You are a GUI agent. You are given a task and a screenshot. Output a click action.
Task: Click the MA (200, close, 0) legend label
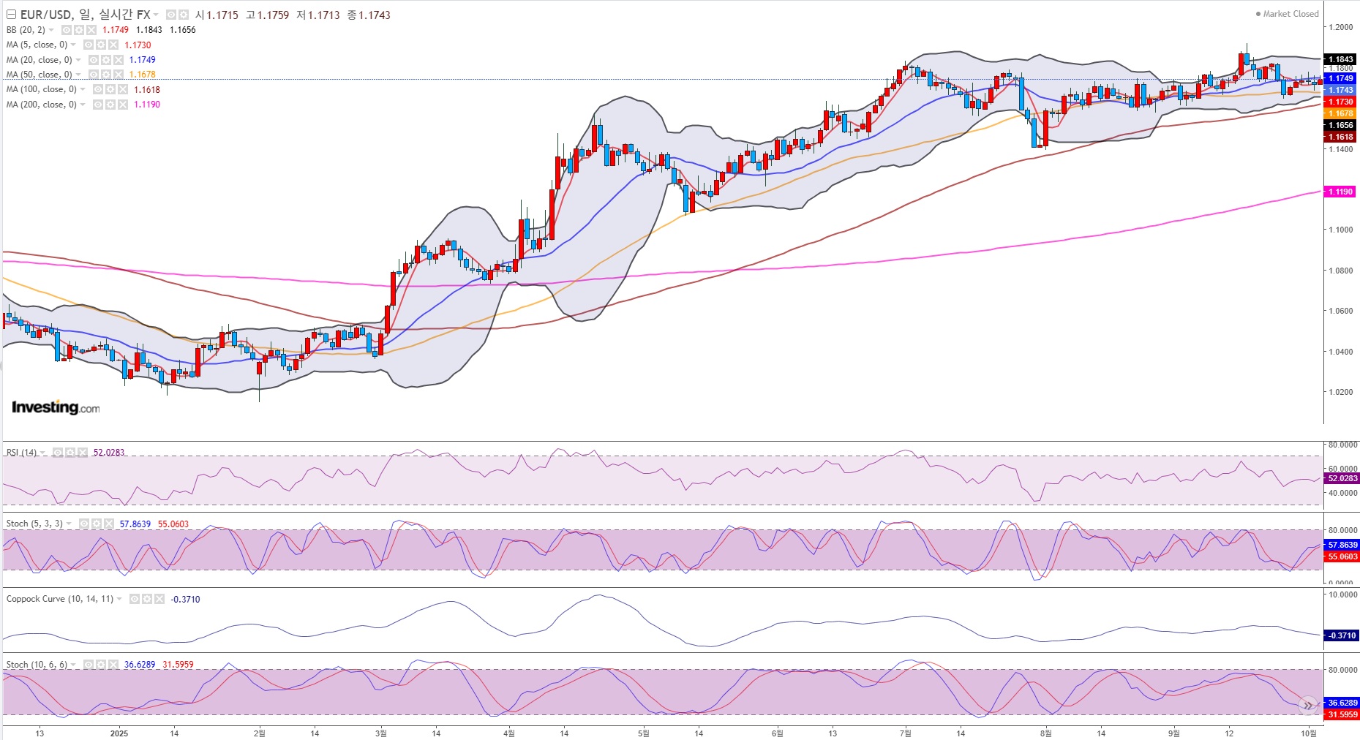pyautogui.click(x=41, y=105)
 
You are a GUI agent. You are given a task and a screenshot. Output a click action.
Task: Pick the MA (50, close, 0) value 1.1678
pyautogui.click(x=143, y=75)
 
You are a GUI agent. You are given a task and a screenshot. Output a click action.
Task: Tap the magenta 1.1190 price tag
pyautogui.click(x=1340, y=192)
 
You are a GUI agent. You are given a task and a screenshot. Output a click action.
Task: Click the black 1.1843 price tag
pyautogui.click(x=1340, y=59)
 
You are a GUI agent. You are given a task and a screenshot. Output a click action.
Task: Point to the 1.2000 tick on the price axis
pyautogui.click(x=1341, y=27)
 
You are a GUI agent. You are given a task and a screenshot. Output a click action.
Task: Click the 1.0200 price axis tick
pyautogui.click(x=1341, y=392)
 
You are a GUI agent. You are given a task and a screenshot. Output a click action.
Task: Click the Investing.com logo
pyautogui.click(x=56, y=407)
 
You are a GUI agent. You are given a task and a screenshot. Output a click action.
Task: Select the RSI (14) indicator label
pyautogui.click(x=21, y=453)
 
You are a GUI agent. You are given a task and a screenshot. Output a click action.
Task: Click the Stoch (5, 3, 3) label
pyautogui.click(x=34, y=524)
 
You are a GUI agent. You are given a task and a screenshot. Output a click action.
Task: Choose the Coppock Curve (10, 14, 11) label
pyautogui.click(x=60, y=599)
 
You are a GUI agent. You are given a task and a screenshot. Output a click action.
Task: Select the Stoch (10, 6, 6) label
pyautogui.click(x=37, y=665)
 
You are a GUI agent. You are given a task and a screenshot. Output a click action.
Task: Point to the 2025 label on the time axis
pyautogui.click(x=119, y=733)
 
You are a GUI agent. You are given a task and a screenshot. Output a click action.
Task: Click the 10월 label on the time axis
pyautogui.click(x=1309, y=733)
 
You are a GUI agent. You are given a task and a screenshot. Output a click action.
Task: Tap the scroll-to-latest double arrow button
pyautogui.click(x=1307, y=706)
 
